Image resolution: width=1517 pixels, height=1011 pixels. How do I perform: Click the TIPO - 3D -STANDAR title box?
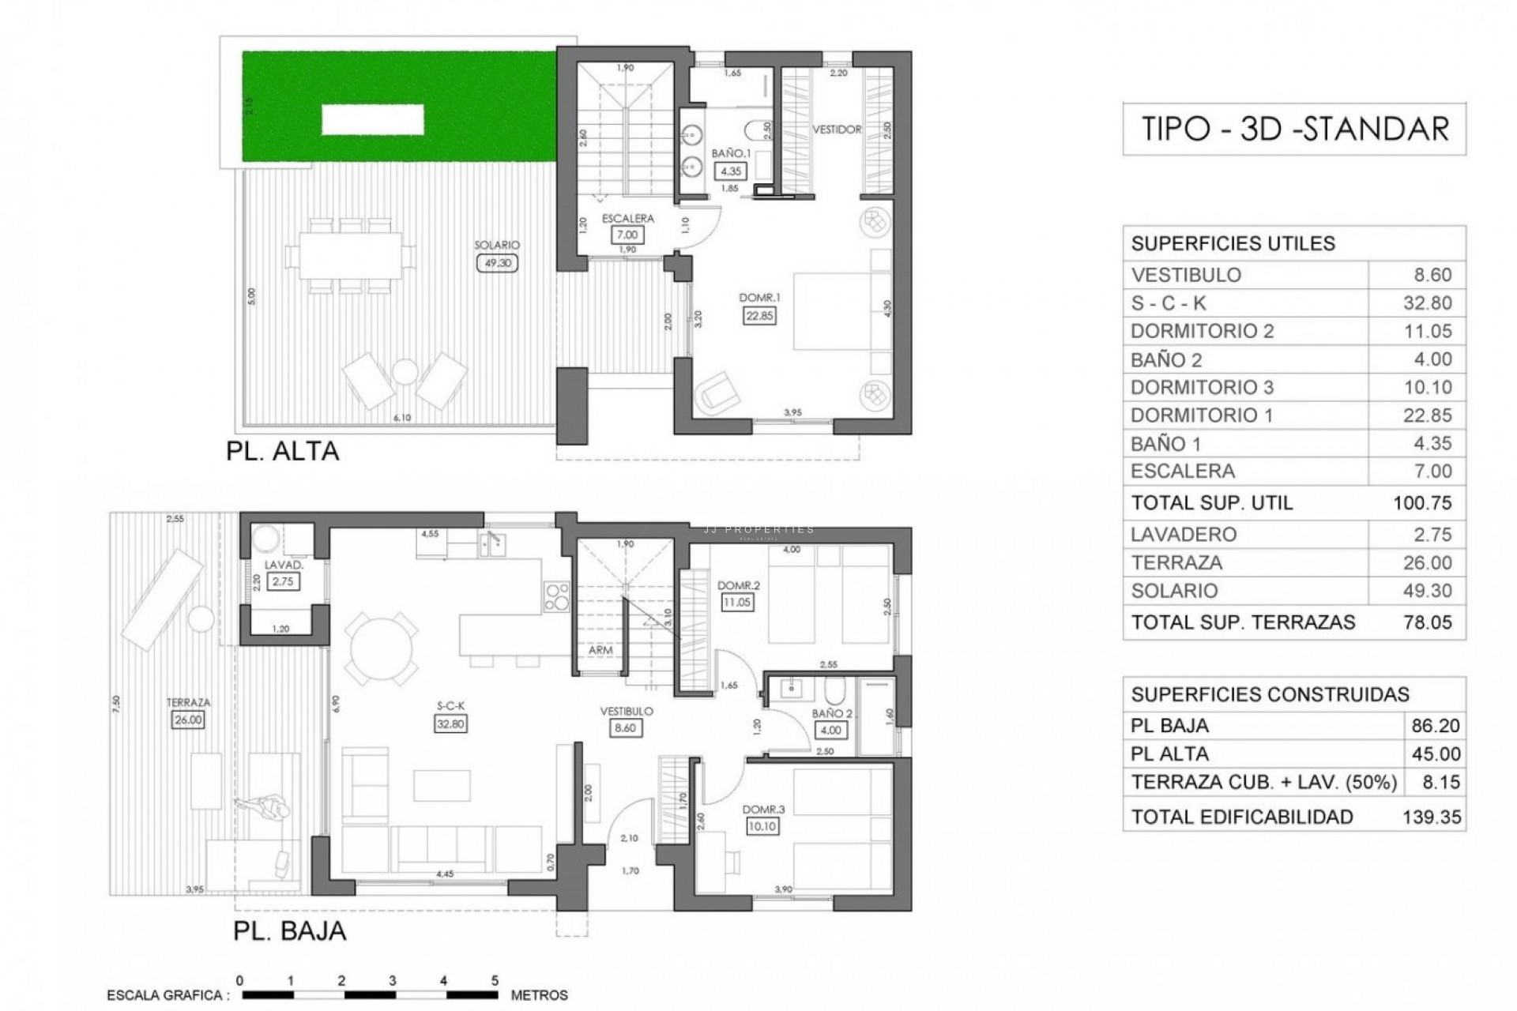coord(1294,129)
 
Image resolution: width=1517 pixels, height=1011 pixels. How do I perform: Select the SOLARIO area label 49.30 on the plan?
coord(497,263)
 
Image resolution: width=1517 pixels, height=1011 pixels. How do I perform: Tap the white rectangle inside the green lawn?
coord(372,120)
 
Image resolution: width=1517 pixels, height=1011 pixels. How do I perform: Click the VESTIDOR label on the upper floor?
coord(837,130)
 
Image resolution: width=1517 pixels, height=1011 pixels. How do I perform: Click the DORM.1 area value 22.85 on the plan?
coord(759,315)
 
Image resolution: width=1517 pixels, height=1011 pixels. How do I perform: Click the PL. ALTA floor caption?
coord(282,451)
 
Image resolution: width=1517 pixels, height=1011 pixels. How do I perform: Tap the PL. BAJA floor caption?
coord(289,930)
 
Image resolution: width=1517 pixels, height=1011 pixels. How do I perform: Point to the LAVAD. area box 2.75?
coord(283,581)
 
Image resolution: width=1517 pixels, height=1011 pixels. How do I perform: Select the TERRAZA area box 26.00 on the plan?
coord(188,720)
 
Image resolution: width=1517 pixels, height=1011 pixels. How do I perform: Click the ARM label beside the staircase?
coord(600,650)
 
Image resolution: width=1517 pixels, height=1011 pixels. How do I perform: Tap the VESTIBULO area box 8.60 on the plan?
coord(625,727)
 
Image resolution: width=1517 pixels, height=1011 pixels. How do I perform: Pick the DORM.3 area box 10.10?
coord(762,826)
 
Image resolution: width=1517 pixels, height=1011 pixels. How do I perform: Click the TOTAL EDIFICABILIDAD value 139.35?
coord(1432,817)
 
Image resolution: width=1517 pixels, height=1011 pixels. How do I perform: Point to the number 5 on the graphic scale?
coord(495,980)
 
